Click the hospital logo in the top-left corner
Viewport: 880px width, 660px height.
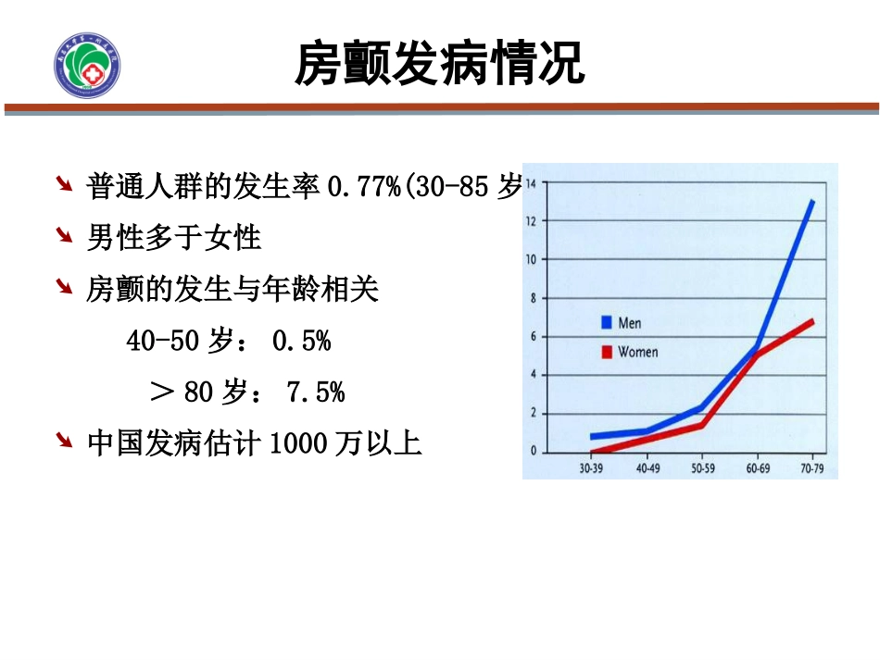click(88, 63)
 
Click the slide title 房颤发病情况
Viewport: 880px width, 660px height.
click(439, 64)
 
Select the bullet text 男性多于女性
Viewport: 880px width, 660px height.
click(174, 238)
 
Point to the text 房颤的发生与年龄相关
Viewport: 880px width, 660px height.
click(233, 290)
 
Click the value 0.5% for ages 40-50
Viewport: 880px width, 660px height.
click(301, 342)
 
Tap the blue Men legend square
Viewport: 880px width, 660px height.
click(607, 323)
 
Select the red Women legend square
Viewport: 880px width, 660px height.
click(607, 352)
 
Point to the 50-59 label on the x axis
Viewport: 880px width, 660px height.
click(701, 469)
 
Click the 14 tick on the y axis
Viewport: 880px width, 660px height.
click(531, 184)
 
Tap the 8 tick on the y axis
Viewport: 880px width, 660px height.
click(532, 299)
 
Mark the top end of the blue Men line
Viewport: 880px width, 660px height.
click(812, 201)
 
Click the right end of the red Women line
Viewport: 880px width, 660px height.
click(812, 321)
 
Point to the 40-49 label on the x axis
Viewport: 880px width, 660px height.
click(647, 469)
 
